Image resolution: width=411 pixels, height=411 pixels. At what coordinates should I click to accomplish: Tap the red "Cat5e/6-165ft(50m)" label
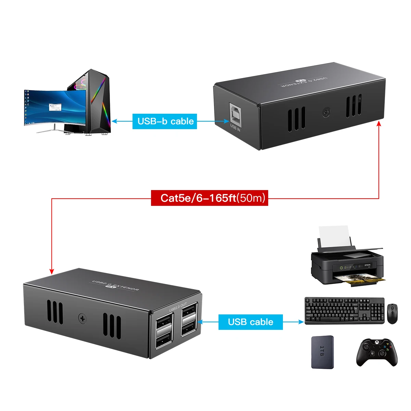209,198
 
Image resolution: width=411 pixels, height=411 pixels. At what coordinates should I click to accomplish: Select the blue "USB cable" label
250,322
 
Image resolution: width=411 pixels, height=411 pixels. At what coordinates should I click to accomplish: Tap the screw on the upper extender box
326,112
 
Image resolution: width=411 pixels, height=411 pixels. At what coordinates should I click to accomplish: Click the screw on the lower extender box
83,318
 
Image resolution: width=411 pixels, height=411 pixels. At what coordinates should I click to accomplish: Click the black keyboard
344,311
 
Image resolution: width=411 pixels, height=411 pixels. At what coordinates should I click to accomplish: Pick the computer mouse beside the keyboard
392,313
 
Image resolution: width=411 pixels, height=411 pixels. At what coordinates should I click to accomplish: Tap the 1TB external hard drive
322,352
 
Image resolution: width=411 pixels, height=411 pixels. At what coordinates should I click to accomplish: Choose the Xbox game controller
377,352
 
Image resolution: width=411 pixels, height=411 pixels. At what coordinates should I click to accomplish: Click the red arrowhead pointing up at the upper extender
379,124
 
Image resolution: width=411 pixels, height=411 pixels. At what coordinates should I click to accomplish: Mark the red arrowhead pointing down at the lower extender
52,271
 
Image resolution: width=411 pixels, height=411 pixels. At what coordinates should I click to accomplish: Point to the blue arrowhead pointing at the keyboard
301,322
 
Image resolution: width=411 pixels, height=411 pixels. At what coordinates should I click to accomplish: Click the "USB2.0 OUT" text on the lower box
178,307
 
